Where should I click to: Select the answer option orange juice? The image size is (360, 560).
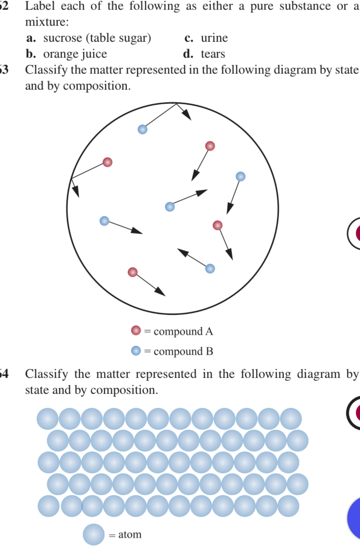[x=75, y=54]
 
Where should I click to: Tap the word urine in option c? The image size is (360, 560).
[x=214, y=38]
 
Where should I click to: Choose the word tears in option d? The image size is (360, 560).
[x=213, y=54]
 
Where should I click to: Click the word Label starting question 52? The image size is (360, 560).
[x=38, y=6]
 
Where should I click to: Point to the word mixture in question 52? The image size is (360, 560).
[x=46, y=22]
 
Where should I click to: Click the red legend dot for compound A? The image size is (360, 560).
[x=136, y=330]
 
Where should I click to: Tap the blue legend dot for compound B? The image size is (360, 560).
[x=136, y=350]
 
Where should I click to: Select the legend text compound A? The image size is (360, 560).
[x=183, y=331]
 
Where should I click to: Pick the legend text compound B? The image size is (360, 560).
[x=183, y=351]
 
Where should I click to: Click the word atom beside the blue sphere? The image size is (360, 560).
[x=130, y=535]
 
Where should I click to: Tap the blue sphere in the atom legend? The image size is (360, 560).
[x=93, y=535]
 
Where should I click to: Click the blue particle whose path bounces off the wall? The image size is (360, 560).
[x=142, y=129]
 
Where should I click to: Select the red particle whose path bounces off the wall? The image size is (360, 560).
[x=107, y=162]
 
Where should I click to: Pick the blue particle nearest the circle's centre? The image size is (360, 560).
[x=170, y=207]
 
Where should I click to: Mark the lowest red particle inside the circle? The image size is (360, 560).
[x=133, y=272]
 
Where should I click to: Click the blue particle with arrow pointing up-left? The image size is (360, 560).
[x=210, y=269]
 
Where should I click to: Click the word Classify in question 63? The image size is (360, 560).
[x=46, y=70]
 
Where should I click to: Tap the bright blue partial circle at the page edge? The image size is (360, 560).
[x=355, y=518]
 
